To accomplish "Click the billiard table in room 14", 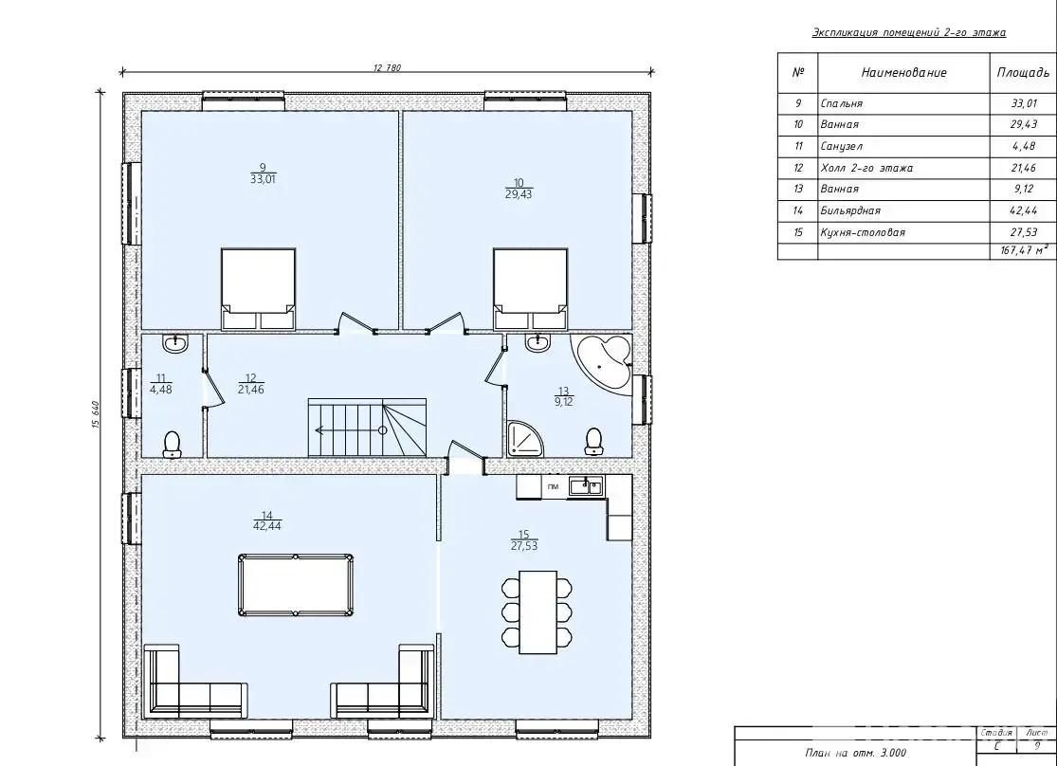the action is pyautogui.click(x=295, y=585).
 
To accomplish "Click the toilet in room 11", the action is pyautogui.click(x=173, y=445).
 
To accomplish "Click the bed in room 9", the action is pyautogui.click(x=258, y=289).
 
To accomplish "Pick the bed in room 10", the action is pyautogui.click(x=530, y=289).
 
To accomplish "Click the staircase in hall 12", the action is pyautogui.click(x=368, y=428).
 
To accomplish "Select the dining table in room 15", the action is pyautogui.click(x=538, y=611).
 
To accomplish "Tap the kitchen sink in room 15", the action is pyautogui.click(x=587, y=486).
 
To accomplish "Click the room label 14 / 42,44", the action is pyautogui.click(x=267, y=521).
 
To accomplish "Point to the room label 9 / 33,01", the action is pyautogui.click(x=263, y=173).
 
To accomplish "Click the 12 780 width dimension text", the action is pyautogui.click(x=387, y=67).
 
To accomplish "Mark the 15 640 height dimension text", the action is pyautogui.click(x=95, y=414).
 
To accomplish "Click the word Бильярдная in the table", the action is pyautogui.click(x=850, y=211).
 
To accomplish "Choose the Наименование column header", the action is pyautogui.click(x=904, y=73).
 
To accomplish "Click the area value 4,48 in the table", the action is pyautogui.click(x=1023, y=146).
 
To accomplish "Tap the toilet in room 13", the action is pyautogui.click(x=593, y=441).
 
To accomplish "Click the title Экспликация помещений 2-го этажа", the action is pyautogui.click(x=909, y=32).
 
